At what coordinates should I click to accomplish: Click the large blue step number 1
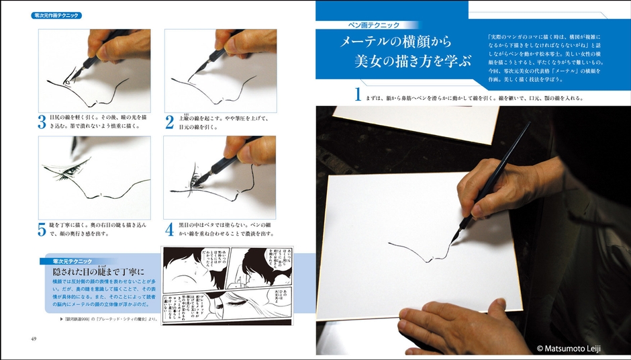pyautogui.click(x=358, y=95)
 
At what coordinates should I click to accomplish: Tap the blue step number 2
pyautogui.click(x=170, y=122)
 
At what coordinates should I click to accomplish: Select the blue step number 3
pyautogui.click(x=42, y=122)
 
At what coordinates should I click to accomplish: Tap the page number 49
pyautogui.click(x=33, y=337)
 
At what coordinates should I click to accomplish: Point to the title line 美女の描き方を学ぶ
pyautogui.click(x=413, y=62)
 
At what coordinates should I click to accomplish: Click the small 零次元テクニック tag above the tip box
pyautogui.click(x=67, y=261)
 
